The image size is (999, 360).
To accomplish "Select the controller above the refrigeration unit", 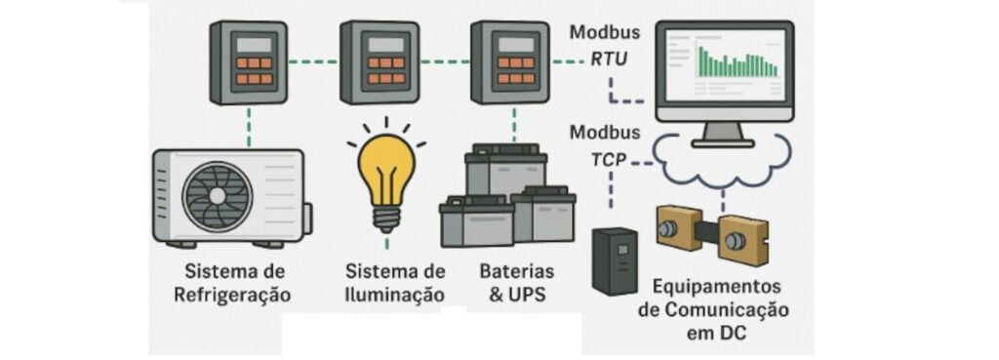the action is [249, 61].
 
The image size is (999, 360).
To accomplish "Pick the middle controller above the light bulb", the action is [380, 61].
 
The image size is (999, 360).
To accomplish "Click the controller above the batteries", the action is [509, 61].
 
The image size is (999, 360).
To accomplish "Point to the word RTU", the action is [609, 60].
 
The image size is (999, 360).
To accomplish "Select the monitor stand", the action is [724, 135].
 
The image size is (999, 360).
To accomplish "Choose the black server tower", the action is [615, 260].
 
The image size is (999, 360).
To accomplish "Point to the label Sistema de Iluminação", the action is [395, 284].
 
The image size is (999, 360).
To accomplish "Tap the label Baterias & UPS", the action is [517, 284].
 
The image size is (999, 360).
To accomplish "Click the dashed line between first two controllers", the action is [313, 61].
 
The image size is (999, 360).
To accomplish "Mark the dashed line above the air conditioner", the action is [249, 127].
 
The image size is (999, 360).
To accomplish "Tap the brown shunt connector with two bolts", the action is [711, 232].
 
